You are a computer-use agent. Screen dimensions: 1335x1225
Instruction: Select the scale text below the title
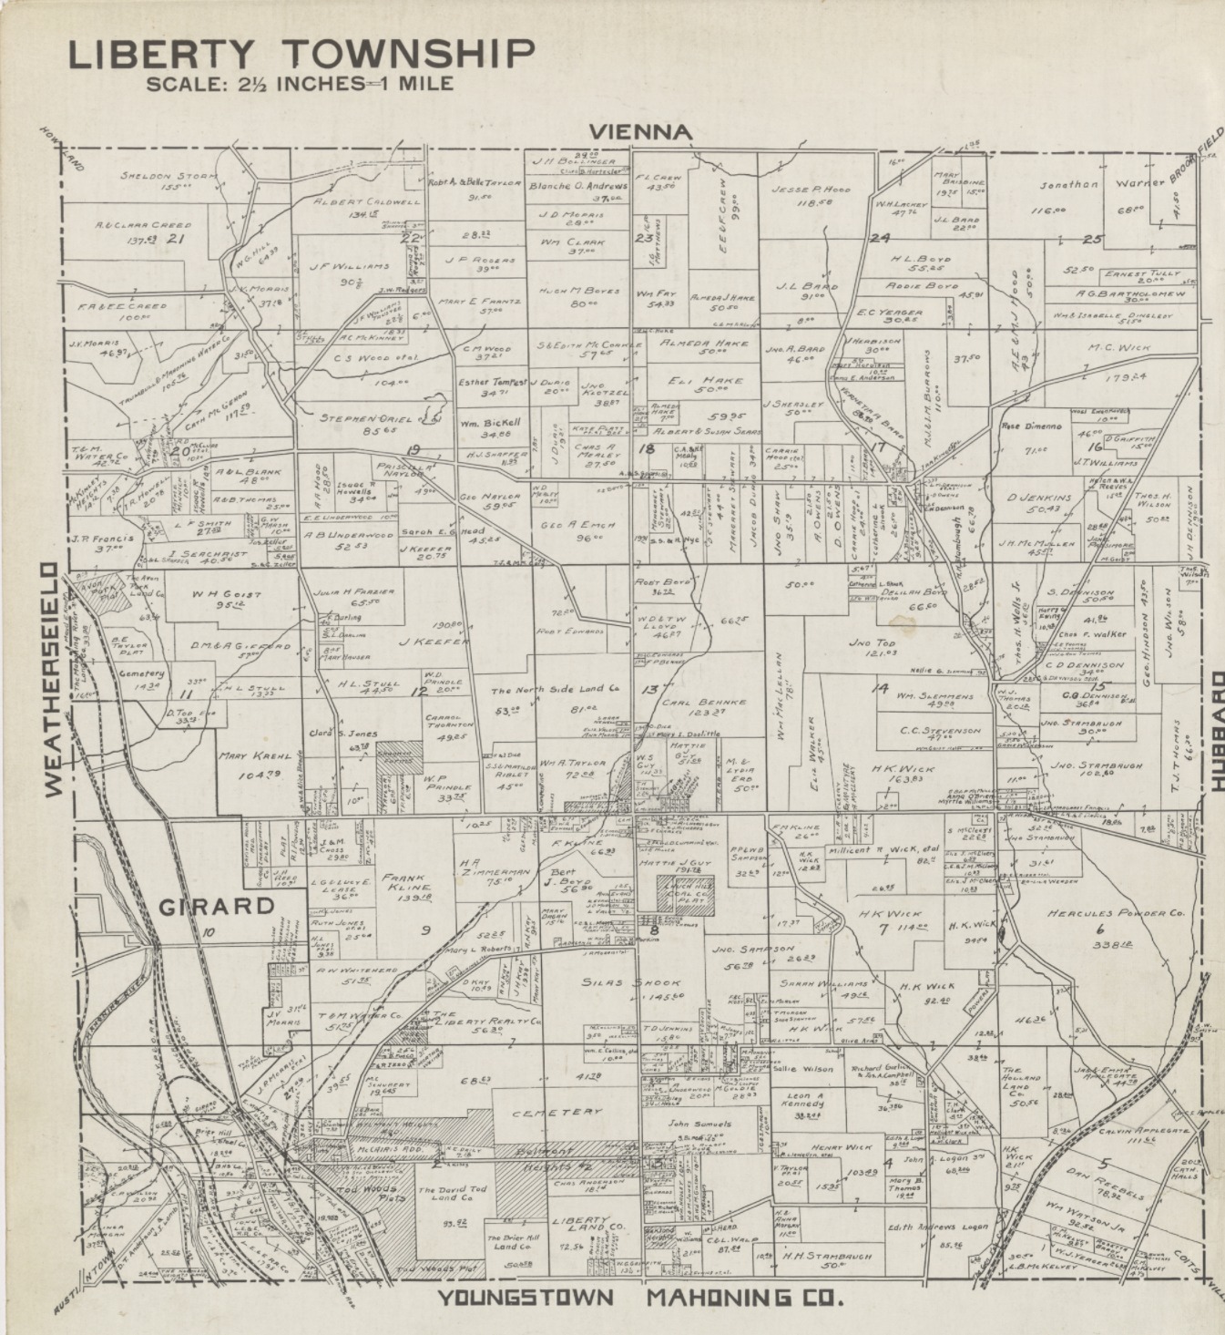point(300,85)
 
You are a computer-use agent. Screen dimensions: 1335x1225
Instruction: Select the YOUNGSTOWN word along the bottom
point(526,1297)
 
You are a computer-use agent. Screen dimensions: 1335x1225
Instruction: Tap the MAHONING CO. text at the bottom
point(743,1297)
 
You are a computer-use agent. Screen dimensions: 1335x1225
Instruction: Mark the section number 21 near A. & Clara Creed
point(177,239)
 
